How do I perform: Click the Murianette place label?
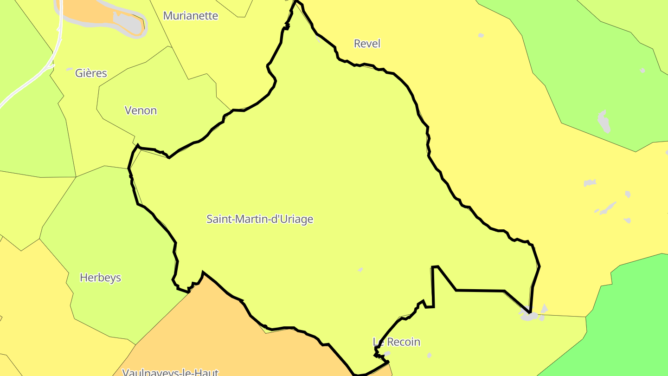point(190,16)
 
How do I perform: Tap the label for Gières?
point(91,73)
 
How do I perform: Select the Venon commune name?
point(141,110)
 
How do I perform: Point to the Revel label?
point(367,44)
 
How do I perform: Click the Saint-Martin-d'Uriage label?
point(260,219)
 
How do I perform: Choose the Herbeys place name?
point(100,278)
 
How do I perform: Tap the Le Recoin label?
point(397,342)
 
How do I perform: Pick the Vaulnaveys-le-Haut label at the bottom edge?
point(170,372)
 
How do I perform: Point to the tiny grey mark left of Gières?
point(70,70)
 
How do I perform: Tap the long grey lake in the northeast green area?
point(604,122)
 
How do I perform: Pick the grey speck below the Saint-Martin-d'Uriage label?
point(360,270)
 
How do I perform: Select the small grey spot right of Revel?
point(481,35)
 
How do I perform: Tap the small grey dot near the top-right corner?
point(642,71)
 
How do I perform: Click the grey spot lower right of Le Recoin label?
point(429,356)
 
